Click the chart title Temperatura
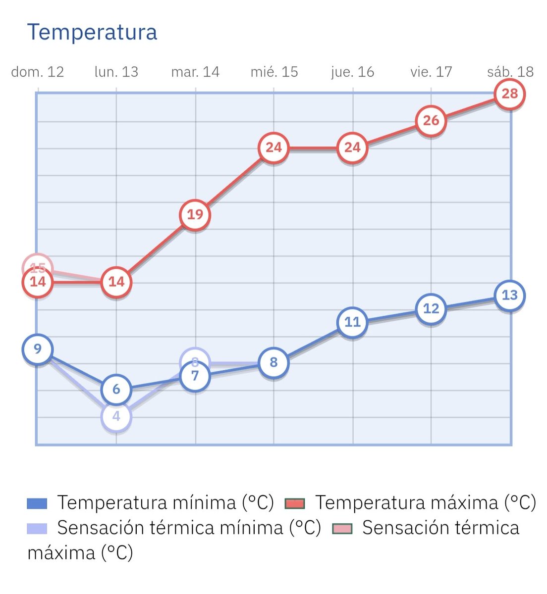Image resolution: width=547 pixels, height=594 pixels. (x=92, y=32)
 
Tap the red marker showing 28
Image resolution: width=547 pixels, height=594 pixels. (x=510, y=94)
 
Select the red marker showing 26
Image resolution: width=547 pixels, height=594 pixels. (x=431, y=120)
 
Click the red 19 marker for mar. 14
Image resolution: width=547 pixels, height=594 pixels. (x=195, y=215)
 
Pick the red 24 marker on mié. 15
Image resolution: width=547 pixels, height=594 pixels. (x=273, y=148)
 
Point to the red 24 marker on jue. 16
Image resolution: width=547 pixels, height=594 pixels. (x=352, y=148)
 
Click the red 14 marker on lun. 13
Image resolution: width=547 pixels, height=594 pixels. (x=116, y=282)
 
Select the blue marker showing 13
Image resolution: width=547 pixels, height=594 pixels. (x=510, y=296)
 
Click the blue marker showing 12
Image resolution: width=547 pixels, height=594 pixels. (x=431, y=309)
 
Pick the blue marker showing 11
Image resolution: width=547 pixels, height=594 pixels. (x=352, y=322)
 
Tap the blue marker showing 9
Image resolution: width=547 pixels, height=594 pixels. (x=38, y=349)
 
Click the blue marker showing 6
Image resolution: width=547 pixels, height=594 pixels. (x=116, y=390)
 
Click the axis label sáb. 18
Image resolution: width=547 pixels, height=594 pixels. (x=510, y=72)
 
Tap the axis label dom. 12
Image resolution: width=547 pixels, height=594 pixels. (x=38, y=72)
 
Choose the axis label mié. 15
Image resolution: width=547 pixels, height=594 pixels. (x=274, y=72)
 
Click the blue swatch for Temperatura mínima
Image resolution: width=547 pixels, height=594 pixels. (x=37, y=504)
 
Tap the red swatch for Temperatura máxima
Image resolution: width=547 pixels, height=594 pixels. (x=295, y=504)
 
